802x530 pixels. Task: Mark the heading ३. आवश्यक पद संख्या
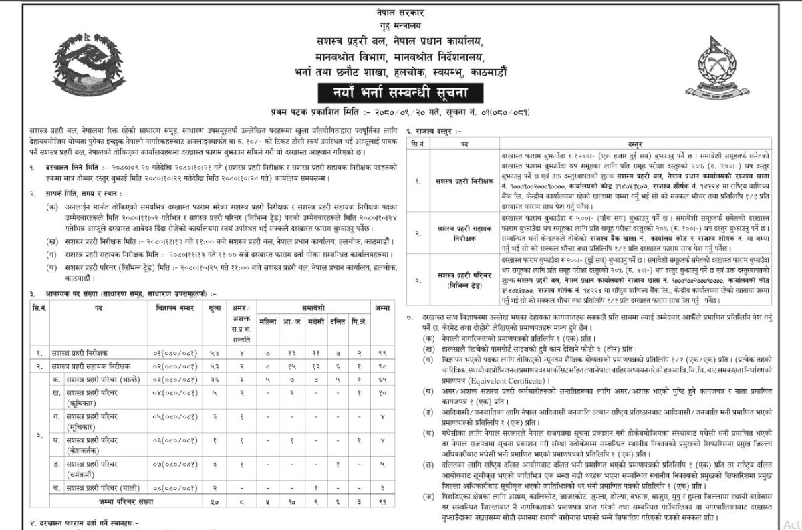point(124,293)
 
